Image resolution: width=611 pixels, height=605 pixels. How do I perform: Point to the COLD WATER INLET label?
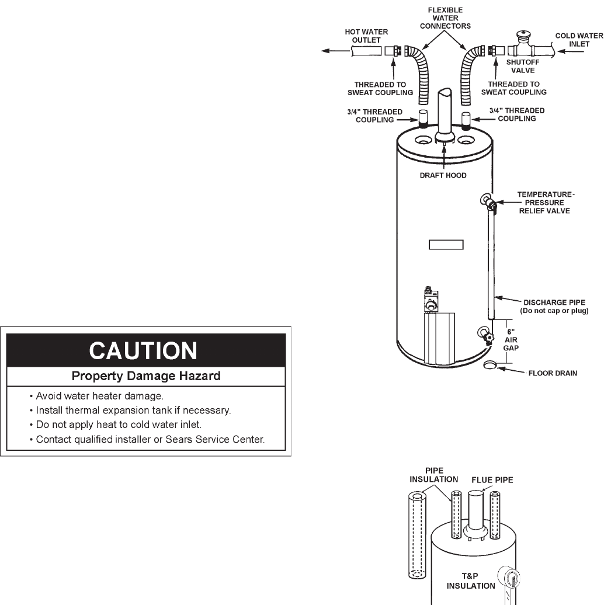[x=579, y=40]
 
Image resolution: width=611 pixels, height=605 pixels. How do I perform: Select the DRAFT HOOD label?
[x=443, y=176]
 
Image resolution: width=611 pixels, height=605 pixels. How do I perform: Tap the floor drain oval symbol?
[x=490, y=366]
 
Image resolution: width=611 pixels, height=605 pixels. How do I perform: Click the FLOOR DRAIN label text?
[x=552, y=373]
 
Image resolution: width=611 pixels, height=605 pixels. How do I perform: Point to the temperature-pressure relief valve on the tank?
[x=489, y=202]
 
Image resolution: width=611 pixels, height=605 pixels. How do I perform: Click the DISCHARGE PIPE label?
[x=554, y=306]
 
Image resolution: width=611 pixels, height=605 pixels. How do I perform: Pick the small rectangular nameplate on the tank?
[x=446, y=245]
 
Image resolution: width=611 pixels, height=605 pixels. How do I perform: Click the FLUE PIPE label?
[x=492, y=481]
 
